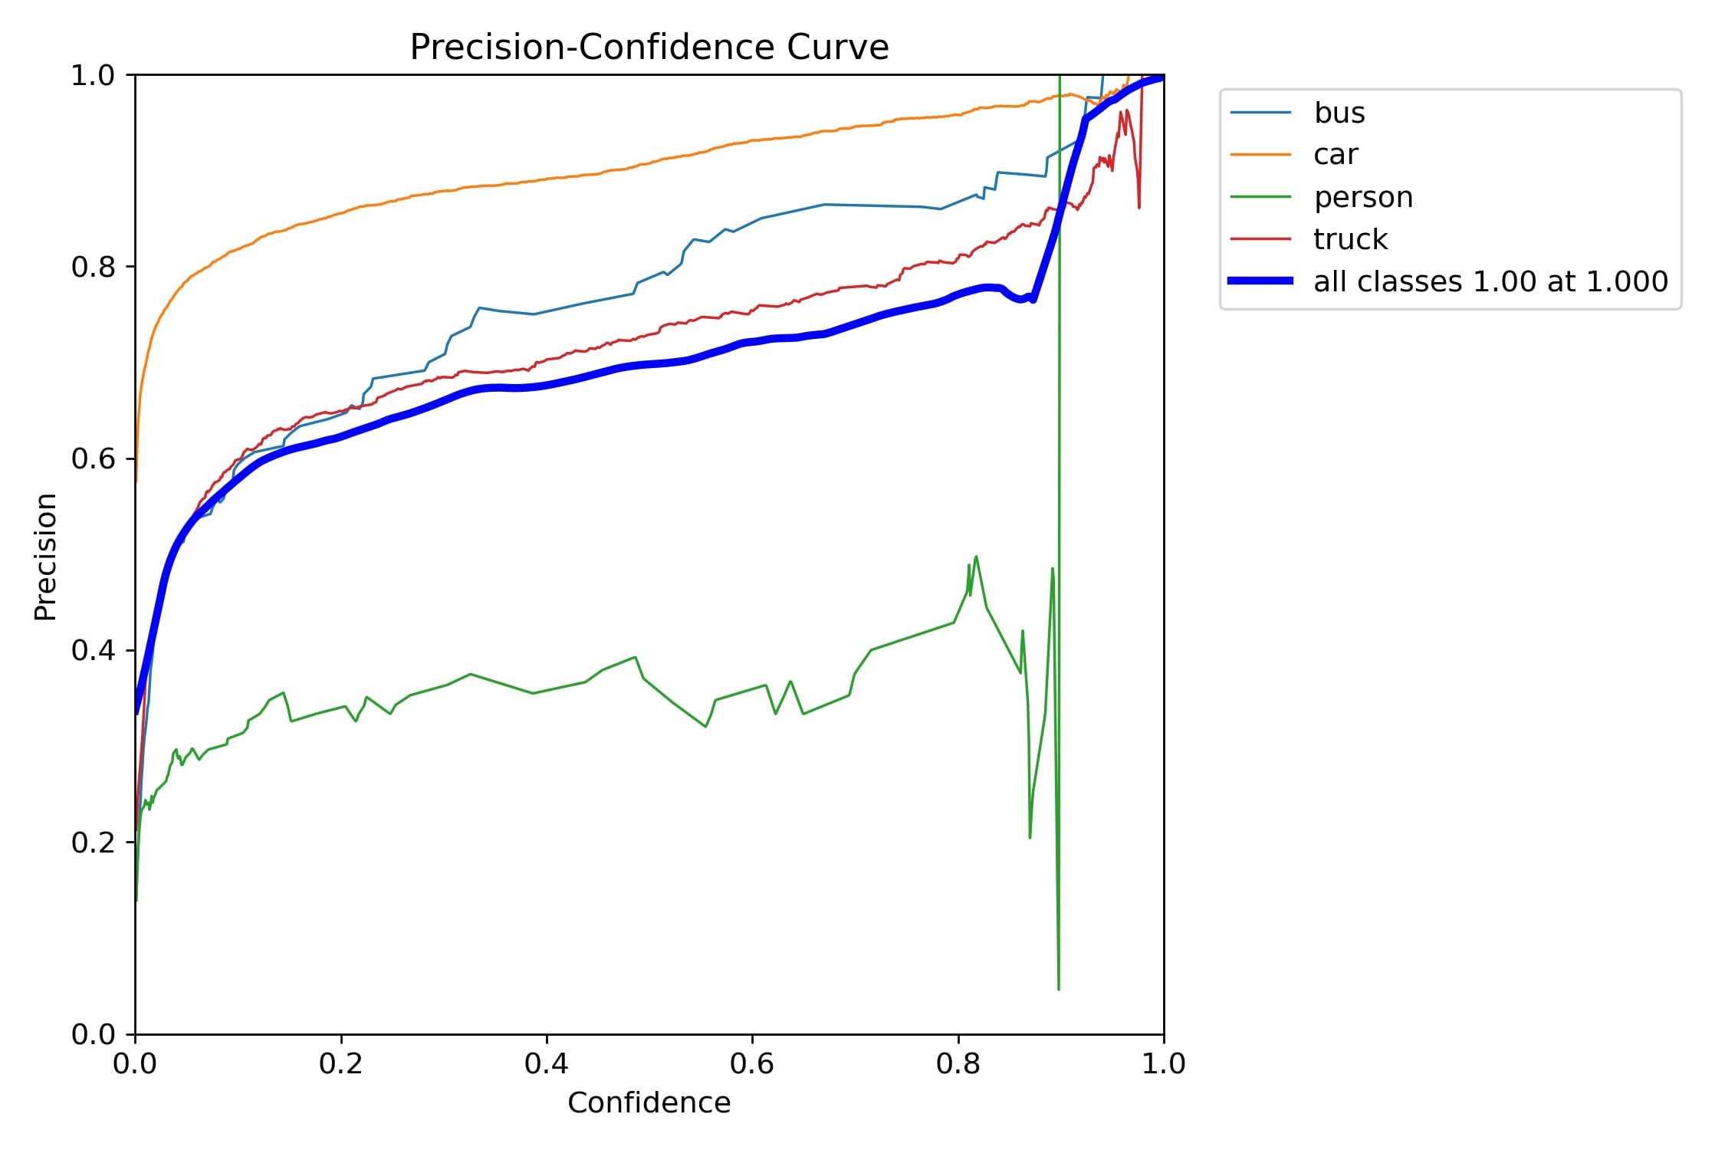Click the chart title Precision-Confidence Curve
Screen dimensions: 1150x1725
(649, 48)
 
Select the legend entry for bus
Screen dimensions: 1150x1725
(1339, 113)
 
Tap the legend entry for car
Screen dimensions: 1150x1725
(1335, 155)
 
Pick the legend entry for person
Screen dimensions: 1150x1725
(1362, 197)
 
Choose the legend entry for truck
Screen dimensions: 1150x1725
(1349, 239)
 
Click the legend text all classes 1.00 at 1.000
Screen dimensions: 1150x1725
(1490, 281)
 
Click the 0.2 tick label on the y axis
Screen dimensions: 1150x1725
(93, 843)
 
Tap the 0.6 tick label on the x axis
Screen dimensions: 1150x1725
(752, 1063)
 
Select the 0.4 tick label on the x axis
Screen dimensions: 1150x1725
(547, 1063)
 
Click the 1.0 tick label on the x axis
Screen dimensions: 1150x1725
(1163, 1063)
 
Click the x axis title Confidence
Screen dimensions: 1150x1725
(649, 1102)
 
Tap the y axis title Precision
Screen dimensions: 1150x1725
(46, 556)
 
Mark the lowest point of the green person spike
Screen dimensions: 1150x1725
(1059, 989)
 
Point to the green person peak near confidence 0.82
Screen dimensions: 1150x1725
(976, 557)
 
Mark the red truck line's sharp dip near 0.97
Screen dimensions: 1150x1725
(1139, 207)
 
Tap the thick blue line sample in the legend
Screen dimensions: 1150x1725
(1260, 281)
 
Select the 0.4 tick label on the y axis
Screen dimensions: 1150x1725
(93, 651)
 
